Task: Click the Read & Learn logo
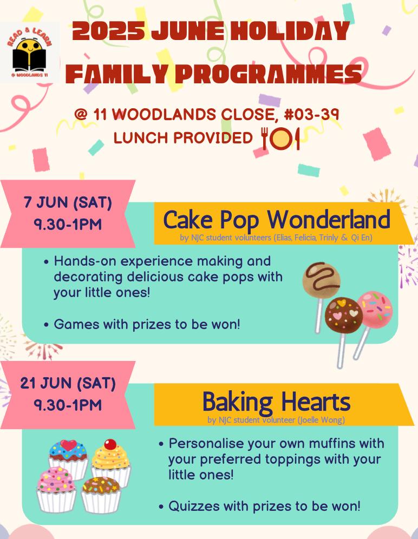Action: pos(30,52)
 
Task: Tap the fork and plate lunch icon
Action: pos(280,139)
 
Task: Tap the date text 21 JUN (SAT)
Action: pos(68,384)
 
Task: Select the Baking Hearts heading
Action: pos(276,402)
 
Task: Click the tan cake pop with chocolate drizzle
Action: pos(322,279)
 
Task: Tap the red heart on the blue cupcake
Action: pos(69,445)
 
